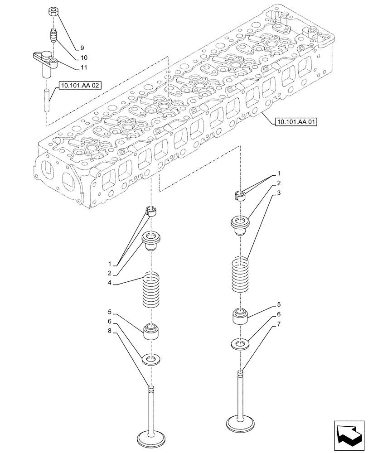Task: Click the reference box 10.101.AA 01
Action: click(296, 121)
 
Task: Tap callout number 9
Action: click(82, 48)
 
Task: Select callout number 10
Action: click(84, 58)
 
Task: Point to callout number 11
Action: click(84, 67)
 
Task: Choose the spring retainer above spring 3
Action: click(240, 223)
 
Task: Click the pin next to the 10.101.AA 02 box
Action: click(47, 101)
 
